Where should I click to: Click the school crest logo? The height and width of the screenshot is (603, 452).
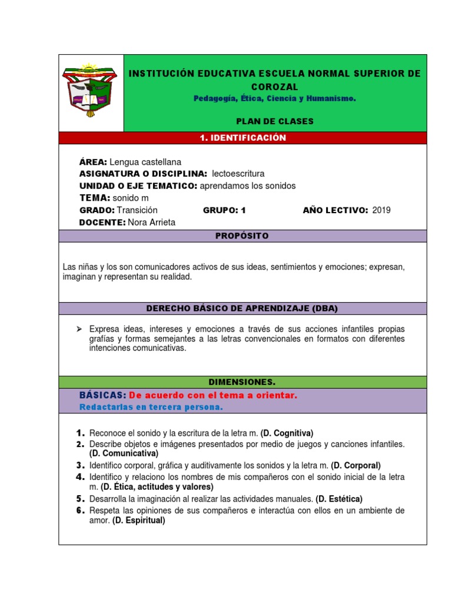[90, 91]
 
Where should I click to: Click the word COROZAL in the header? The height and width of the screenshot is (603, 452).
[275, 87]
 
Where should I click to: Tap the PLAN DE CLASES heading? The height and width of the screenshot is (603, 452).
[275, 121]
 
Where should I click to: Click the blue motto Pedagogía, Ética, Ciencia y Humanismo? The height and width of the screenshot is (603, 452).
[275, 98]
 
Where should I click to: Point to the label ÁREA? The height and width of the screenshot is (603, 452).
[93, 161]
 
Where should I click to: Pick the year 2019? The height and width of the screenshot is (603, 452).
[381, 210]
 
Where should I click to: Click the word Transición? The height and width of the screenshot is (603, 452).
[137, 210]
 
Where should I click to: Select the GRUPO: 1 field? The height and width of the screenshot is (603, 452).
[224, 210]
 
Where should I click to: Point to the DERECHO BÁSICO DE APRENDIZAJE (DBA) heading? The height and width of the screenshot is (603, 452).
[242, 308]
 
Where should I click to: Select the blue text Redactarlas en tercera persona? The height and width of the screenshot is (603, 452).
[151, 407]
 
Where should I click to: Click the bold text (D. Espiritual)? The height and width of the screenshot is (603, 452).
[139, 521]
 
